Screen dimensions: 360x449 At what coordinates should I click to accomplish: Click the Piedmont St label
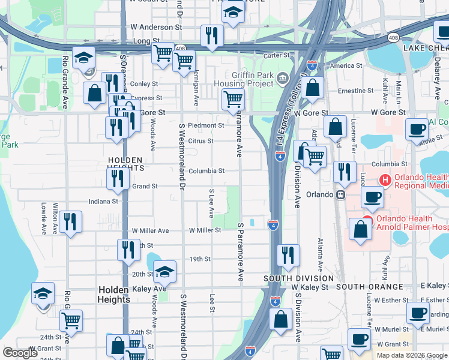tap(206, 125)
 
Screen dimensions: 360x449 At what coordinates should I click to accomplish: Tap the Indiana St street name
tap(104, 202)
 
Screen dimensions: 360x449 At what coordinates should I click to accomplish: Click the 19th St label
tap(200, 259)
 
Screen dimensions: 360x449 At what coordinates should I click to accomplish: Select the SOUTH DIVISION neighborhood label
tap(299, 278)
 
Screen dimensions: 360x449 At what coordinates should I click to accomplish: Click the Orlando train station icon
tap(340, 194)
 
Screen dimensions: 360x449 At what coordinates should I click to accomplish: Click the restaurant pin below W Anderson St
tap(211, 36)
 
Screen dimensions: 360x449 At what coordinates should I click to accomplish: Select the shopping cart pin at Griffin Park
tap(233, 100)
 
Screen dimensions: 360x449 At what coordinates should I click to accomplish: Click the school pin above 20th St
tap(164, 272)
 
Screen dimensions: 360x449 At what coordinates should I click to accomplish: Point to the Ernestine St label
tap(356, 91)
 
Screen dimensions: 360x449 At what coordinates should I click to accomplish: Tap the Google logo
tap(20, 353)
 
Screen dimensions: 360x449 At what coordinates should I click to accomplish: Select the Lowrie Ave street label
tap(44, 218)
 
